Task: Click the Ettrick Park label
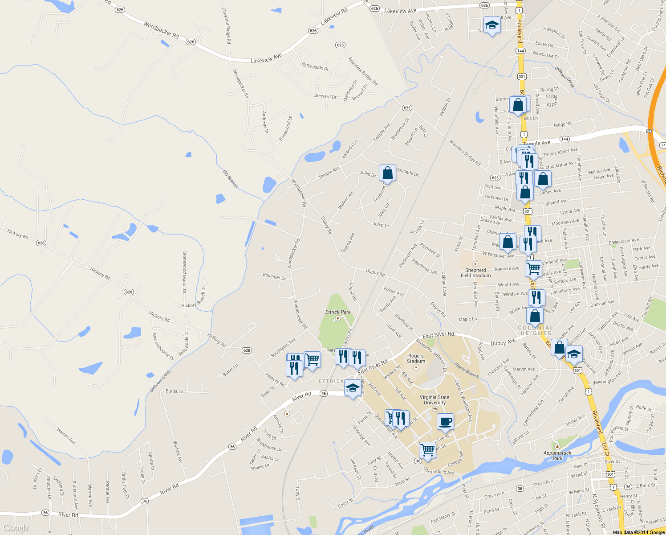338,312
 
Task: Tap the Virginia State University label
435,399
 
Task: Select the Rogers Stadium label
416,358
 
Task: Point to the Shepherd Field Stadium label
475,273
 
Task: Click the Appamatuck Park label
557,455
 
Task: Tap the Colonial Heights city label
536,330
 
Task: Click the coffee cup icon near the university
445,421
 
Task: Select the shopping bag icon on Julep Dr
387,173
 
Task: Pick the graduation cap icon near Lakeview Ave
491,25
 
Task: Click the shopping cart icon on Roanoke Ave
533,268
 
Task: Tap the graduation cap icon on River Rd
353,388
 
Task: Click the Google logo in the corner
16,528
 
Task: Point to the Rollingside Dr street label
315,67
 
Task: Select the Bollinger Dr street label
274,276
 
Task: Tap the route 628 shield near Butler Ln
247,350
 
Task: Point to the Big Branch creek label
230,178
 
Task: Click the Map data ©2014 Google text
638,532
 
